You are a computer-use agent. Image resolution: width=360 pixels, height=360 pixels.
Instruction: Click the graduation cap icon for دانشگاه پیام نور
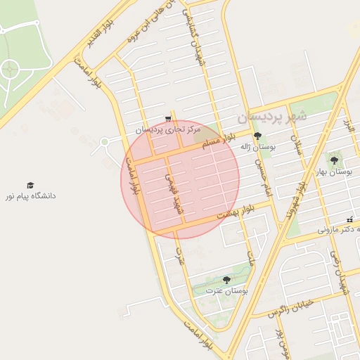pyautogui.click(x=30, y=185)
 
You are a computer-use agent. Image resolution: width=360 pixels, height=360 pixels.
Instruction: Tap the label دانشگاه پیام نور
pyautogui.click(x=30, y=196)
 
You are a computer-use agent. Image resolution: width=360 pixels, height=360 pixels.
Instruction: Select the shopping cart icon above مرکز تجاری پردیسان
pyautogui.click(x=167, y=118)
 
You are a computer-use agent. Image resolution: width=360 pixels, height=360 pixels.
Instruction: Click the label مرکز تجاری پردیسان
pyautogui.click(x=168, y=129)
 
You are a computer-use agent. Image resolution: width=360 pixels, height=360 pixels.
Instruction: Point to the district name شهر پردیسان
pyautogui.click(x=272, y=115)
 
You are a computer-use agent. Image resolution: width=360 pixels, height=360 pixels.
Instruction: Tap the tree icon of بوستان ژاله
pyautogui.click(x=258, y=135)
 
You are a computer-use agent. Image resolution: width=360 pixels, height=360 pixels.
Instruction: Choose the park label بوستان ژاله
pyautogui.click(x=258, y=146)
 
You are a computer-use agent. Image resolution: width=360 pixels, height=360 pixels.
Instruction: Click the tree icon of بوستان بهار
pyautogui.click(x=334, y=161)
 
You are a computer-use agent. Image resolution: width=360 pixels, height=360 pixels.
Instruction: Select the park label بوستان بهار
pyautogui.click(x=333, y=172)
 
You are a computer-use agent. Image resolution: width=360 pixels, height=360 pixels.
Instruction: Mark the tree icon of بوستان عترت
pyautogui.click(x=226, y=279)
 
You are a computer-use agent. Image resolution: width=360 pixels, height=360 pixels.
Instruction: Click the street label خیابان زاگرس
pyautogui.click(x=289, y=309)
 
